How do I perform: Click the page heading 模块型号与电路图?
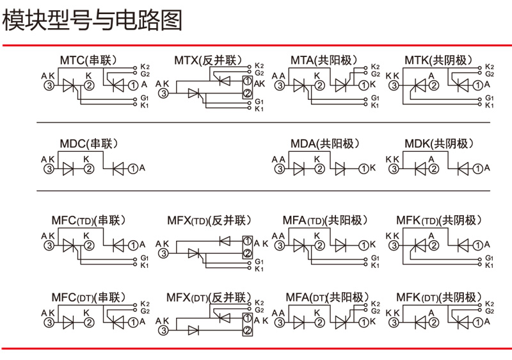click(x=92, y=20)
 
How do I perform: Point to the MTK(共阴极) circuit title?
click(x=438, y=61)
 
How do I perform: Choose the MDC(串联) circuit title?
click(x=89, y=143)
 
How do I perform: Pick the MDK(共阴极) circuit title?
click(x=438, y=143)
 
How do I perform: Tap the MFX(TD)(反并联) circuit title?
click(x=207, y=221)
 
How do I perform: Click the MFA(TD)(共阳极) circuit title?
click(x=326, y=221)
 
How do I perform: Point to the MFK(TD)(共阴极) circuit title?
click(x=438, y=221)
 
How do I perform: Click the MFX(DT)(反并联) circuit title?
click(x=207, y=297)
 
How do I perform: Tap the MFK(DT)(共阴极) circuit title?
click(x=438, y=297)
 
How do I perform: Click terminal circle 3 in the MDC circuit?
click(x=49, y=168)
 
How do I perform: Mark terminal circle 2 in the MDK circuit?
click(x=433, y=168)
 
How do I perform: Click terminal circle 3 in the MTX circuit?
click(x=164, y=94)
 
